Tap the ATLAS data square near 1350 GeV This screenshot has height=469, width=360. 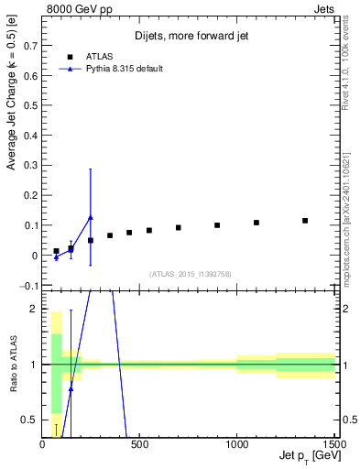tap(305, 221)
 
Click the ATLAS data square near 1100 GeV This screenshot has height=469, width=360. tap(256, 223)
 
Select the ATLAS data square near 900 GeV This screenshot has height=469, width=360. tap(217, 225)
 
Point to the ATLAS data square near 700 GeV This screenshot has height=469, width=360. tap(179, 227)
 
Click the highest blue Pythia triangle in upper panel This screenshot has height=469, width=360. tap(90, 217)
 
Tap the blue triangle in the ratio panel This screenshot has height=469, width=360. tap(71, 388)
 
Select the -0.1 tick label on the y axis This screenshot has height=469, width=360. tap(28, 286)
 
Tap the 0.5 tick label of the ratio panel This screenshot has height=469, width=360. tap(30, 420)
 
